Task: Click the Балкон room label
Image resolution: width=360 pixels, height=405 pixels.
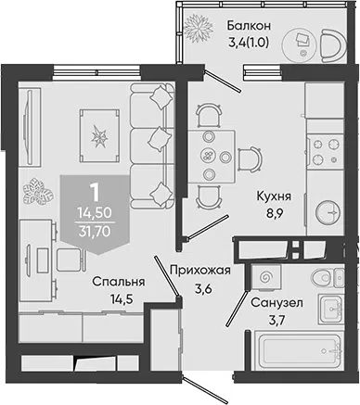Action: tap(249, 25)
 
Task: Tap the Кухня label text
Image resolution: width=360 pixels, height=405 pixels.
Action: tap(274, 196)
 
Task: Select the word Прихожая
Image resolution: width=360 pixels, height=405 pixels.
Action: tap(200, 271)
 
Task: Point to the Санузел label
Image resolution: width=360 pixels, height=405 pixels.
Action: tap(276, 303)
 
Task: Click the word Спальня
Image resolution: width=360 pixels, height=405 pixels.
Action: tap(119, 282)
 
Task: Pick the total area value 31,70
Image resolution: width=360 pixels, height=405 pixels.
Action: tap(95, 231)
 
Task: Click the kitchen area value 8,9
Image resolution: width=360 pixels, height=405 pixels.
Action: tap(274, 214)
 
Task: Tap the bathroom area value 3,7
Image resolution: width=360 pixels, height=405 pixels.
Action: tap(276, 321)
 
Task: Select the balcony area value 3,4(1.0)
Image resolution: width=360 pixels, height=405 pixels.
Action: tap(248, 43)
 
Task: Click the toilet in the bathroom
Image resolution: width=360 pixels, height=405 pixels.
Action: tap(328, 277)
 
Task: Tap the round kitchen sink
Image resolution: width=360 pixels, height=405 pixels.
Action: tap(328, 212)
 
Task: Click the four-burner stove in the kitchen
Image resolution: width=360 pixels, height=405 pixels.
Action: tap(326, 151)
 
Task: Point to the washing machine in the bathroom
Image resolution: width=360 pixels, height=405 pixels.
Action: tap(265, 277)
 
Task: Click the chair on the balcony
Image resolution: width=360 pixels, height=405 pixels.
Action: tap(333, 44)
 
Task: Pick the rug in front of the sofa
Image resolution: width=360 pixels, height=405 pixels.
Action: tap(99, 135)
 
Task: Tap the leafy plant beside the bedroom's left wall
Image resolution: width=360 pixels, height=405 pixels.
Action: tap(38, 191)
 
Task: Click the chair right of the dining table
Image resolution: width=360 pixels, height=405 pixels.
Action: tap(251, 159)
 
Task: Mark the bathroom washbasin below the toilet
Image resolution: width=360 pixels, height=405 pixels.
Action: tap(331, 309)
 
